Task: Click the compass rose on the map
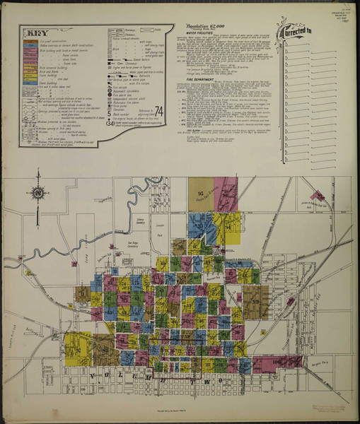(37, 193)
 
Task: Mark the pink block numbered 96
(226, 194)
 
